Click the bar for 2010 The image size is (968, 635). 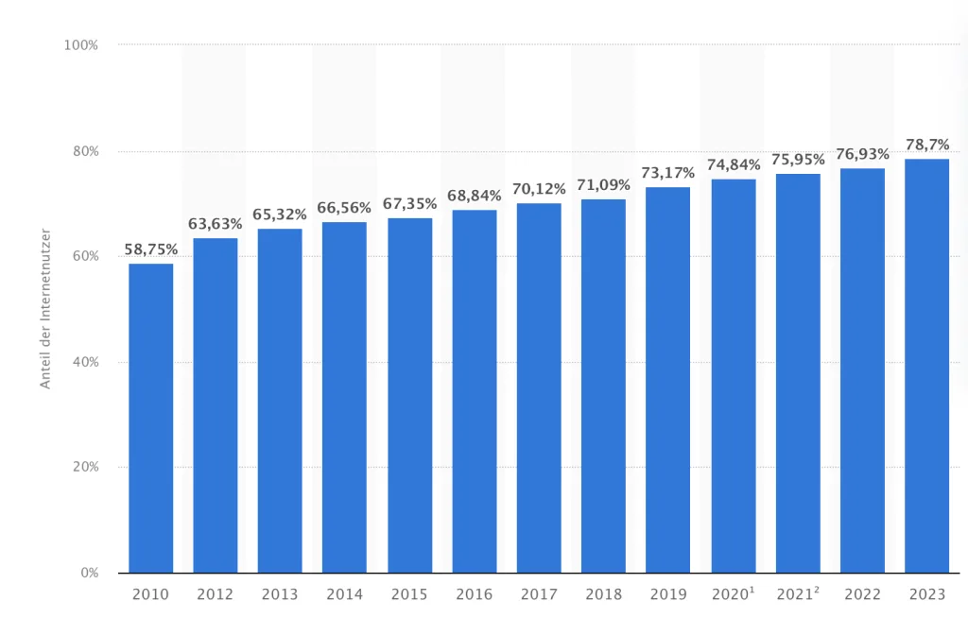pyautogui.click(x=151, y=418)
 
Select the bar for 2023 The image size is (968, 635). pyautogui.click(x=926, y=366)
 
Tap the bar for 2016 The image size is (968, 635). pyautogui.click(x=475, y=391)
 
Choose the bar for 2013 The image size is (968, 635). pyautogui.click(x=280, y=401)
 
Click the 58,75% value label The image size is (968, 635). pyautogui.click(x=151, y=250)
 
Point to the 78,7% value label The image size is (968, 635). pyautogui.click(x=926, y=145)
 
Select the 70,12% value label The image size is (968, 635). pyautogui.click(x=539, y=189)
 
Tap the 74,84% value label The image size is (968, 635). pyautogui.click(x=734, y=165)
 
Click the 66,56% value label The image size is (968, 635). pyautogui.click(x=344, y=208)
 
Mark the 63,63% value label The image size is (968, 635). pyautogui.click(x=216, y=224)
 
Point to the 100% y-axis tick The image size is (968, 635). pyautogui.click(x=81, y=45)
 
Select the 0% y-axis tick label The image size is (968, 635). pyautogui.click(x=89, y=573)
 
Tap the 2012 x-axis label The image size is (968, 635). pyautogui.click(x=216, y=594)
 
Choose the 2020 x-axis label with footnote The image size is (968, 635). pyautogui.click(x=735, y=594)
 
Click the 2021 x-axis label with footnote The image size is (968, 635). pyautogui.click(x=799, y=594)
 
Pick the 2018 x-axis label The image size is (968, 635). pyautogui.click(x=603, y=594)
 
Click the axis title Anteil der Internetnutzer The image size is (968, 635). pyautogui.click(x=44, y=309)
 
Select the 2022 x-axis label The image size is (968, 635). pyautogui.click(x=862, y=594)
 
